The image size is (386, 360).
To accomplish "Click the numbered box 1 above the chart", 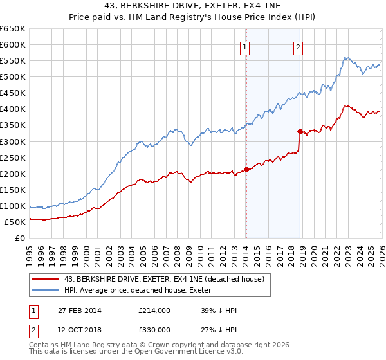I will click(246, 46).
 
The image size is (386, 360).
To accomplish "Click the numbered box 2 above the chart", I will click(299, 46).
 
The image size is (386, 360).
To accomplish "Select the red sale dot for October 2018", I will click(300, 131).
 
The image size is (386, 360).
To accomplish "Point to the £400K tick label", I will click(13, 109).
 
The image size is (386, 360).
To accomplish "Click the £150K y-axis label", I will click(13, 190).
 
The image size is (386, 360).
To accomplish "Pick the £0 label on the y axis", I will click(20, 239).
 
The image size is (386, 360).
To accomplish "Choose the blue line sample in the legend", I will click(46, 290).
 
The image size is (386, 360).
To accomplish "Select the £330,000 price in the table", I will click(154, 330).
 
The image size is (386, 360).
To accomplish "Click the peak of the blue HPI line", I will click(345, 57).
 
